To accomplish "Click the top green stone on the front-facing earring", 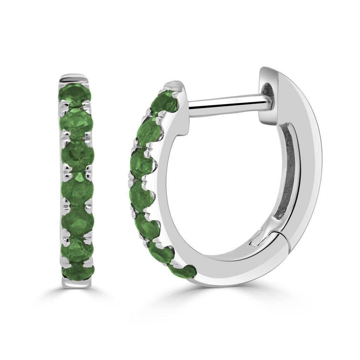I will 75,93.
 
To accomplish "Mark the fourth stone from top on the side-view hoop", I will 141,194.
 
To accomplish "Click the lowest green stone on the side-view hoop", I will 182,271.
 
